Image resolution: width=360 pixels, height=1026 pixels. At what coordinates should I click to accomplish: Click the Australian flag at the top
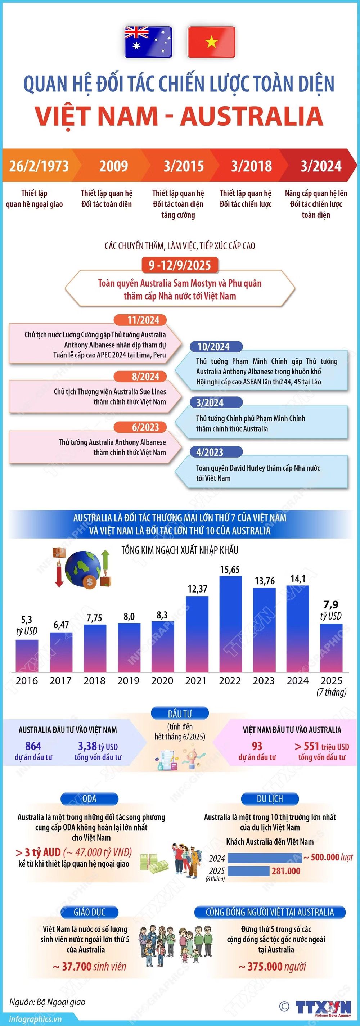click(148, 42)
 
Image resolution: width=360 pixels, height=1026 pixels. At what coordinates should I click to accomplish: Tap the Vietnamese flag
click(211, 42)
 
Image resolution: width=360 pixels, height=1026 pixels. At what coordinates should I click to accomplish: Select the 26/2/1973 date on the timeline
click(39, 166)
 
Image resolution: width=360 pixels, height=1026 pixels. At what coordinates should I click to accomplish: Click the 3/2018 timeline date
click(252, 166)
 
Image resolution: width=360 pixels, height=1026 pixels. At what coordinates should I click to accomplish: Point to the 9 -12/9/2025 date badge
click(180, 265)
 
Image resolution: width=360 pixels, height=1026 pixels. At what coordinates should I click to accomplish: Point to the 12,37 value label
click(198, 589)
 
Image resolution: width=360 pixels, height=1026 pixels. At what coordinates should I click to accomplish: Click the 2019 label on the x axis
click(128, 680)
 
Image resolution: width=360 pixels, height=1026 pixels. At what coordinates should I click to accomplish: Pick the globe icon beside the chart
click(82, 570)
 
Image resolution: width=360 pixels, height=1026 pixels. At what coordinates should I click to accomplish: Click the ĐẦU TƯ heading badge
click(180, 714)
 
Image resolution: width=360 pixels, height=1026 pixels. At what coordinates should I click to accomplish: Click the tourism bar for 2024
click(265, 858)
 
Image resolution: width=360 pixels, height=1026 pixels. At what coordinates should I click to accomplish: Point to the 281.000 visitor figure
click(286, 871)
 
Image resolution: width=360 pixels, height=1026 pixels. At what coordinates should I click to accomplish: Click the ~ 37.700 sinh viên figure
click(90, 967)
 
